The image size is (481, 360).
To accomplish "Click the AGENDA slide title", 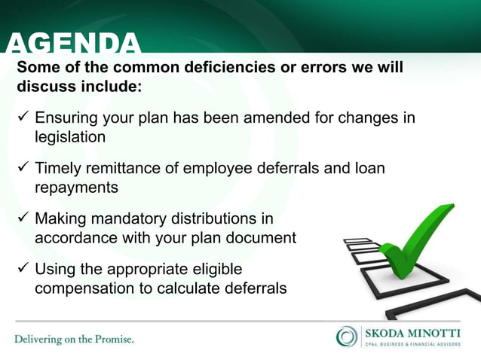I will tap(73, 44).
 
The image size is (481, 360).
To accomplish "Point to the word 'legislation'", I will tap(70, 137).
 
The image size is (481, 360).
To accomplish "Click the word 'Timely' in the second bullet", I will tap(59, 169).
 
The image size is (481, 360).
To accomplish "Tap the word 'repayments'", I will tap(76, 188).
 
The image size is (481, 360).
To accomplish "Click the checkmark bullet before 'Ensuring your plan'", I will tap(23, 119).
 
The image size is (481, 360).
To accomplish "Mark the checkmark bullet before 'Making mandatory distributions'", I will tap(23, 219).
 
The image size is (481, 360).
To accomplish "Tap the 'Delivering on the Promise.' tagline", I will tap(74, 339).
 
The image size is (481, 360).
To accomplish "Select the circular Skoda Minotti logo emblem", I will tap(347, 337).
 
